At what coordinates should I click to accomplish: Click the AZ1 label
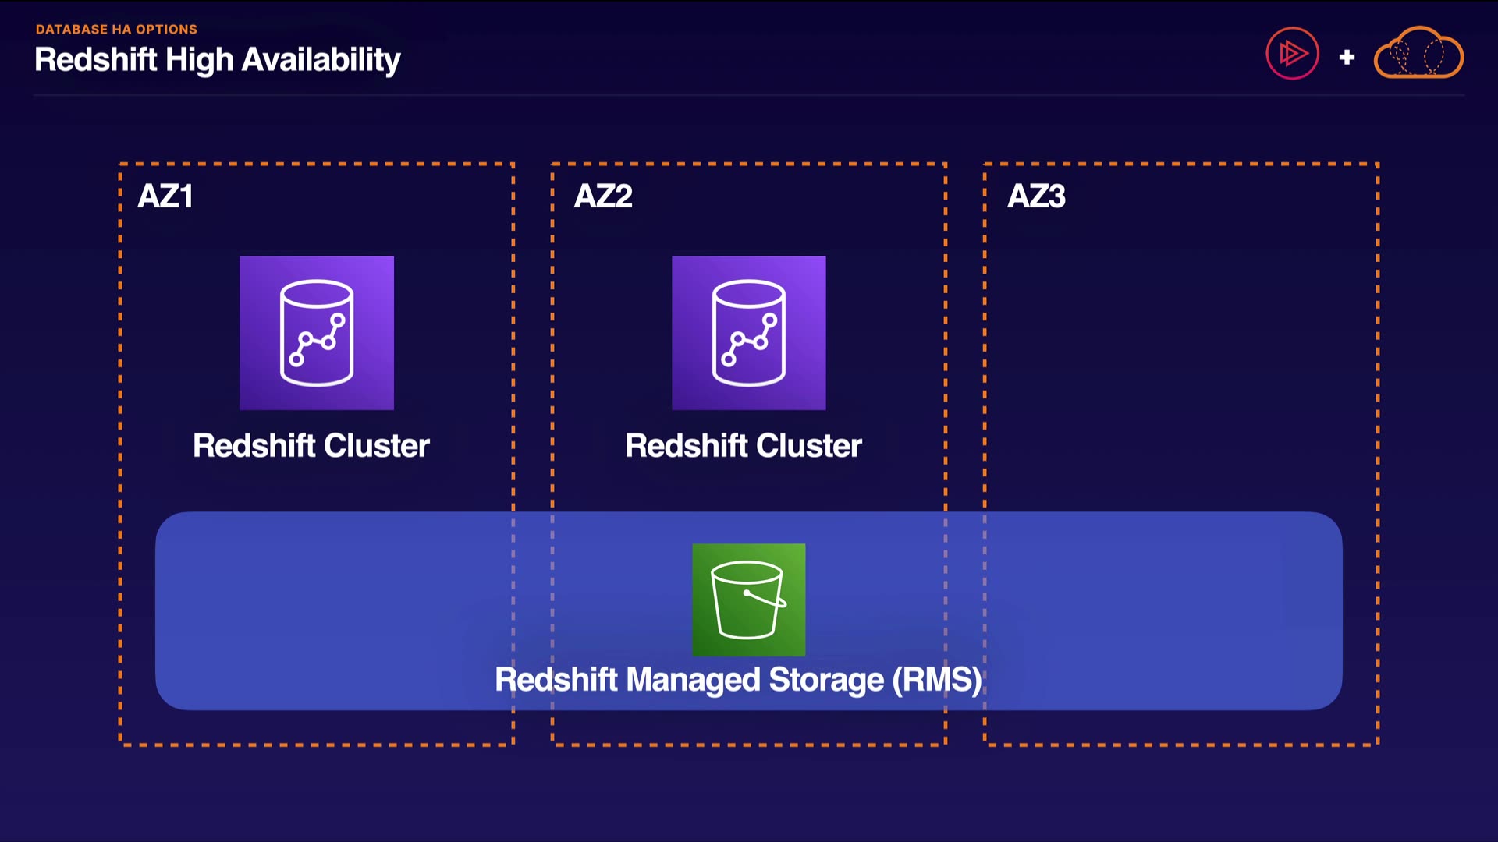tap(165, 196)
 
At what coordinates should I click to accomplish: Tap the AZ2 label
tap(603, 196)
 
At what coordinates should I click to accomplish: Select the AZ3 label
tap(1036, 196)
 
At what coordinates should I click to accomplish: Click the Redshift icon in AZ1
tap(317, 333)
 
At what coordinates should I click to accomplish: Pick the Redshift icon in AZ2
tap(749, 333)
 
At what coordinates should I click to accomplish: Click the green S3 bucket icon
tap(749, 600)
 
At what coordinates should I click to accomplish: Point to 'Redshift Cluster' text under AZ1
tap(311, 446)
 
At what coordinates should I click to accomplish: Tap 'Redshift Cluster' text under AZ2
tap(744, 446)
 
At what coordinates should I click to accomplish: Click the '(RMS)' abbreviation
tap(937, 680)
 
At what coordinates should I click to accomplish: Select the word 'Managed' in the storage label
tap(694, 680)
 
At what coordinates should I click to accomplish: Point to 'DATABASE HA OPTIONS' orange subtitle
tap(116, 30)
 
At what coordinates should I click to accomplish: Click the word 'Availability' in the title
tap(321, 60)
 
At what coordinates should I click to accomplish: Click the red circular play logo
tap(1292, 54)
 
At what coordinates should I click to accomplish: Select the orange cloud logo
tap(1418, 54)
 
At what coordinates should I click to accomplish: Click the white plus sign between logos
tap(1347, 57)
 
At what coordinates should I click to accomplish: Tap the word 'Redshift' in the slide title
tap(96, 60)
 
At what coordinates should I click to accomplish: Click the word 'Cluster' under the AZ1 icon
tap(377, 446)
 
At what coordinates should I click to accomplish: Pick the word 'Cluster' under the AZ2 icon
tap(809, 446)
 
